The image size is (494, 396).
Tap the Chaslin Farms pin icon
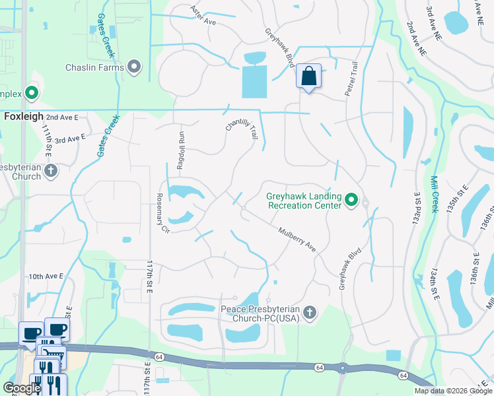pos(135,67)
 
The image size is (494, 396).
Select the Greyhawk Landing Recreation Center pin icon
pos(351,199)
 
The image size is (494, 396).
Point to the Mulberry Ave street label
pos(297,238)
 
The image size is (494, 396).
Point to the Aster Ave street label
pos(203,16)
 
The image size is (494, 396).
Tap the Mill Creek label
pos(434,194)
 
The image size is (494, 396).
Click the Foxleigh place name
pos(24,116)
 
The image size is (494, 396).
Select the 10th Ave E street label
pos(46,276)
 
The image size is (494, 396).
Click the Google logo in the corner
pos(22,388)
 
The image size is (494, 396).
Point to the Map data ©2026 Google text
pos(453,391)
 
